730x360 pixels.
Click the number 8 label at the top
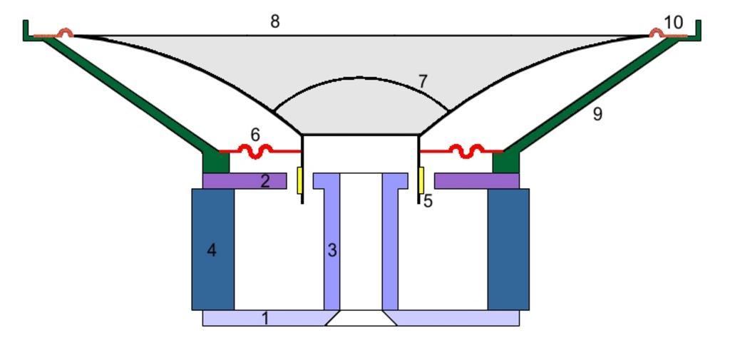pyautogui.click(x=274, y=21)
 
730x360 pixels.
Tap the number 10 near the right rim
pyautogui.click(x=673, y=23)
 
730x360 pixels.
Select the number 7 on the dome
pyautogui.click(x=423, y=82)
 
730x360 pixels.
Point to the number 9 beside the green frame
pyautogui.click(x=597, y=113)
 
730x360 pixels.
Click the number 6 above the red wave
pyautogui.click(x=256, y=134)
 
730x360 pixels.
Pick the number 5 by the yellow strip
pyautogui.click(x=428, y=201)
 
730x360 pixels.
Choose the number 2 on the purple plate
pyautogui.click(x=265, y=181)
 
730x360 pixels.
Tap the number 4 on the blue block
pyautogui.click(x=212, y=250)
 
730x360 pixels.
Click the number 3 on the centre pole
pyautogui.click(x=332, y=250)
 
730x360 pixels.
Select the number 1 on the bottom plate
pyautogui.click(x=265, y=318)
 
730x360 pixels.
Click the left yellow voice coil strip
pyautogui.click(x=300, y=180)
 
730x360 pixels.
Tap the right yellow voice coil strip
pyautogui.click(x=421, y=180)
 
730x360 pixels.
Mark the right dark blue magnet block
pyautogui.click(x=508, y=250)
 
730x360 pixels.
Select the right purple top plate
pyautogui.click(x=476, y=181)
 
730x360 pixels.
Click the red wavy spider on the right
pyautogui.click(x=467, y=150)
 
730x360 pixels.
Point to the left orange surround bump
pyautogui.click(x=65, y=33)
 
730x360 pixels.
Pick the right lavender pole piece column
pyautogui.click(x=390, y=242)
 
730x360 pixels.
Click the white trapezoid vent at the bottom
pyautogui.click(x=361, y=319)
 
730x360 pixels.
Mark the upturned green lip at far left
pyautogui.click(x=26, y=30)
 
